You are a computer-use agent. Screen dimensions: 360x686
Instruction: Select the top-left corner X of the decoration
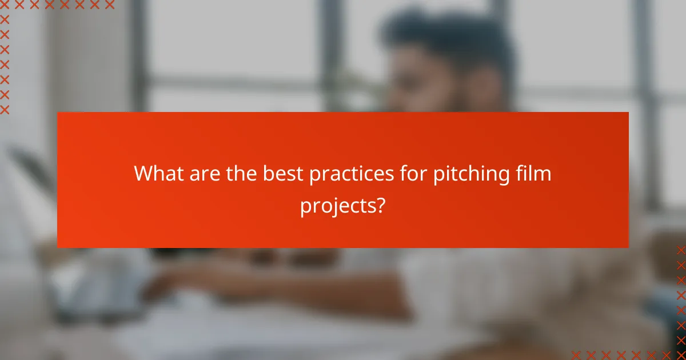(5, 5)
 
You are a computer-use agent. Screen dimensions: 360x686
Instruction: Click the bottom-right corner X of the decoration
(681, 354)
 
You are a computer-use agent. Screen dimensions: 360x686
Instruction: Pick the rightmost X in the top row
(109, 5)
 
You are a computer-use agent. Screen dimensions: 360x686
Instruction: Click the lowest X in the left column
(5, 109)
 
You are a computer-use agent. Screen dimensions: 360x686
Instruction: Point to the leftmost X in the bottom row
(576, 354)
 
